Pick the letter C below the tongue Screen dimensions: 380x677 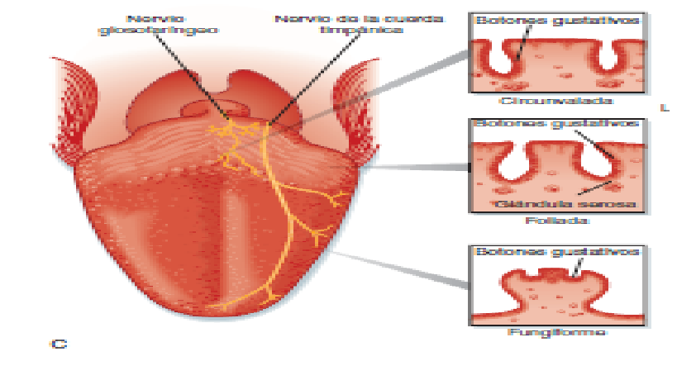coord(59,344)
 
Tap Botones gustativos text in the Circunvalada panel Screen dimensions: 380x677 coord(555,20)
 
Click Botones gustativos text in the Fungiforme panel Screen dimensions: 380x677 coord(555,251)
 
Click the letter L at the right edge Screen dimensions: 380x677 coord(663,107)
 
